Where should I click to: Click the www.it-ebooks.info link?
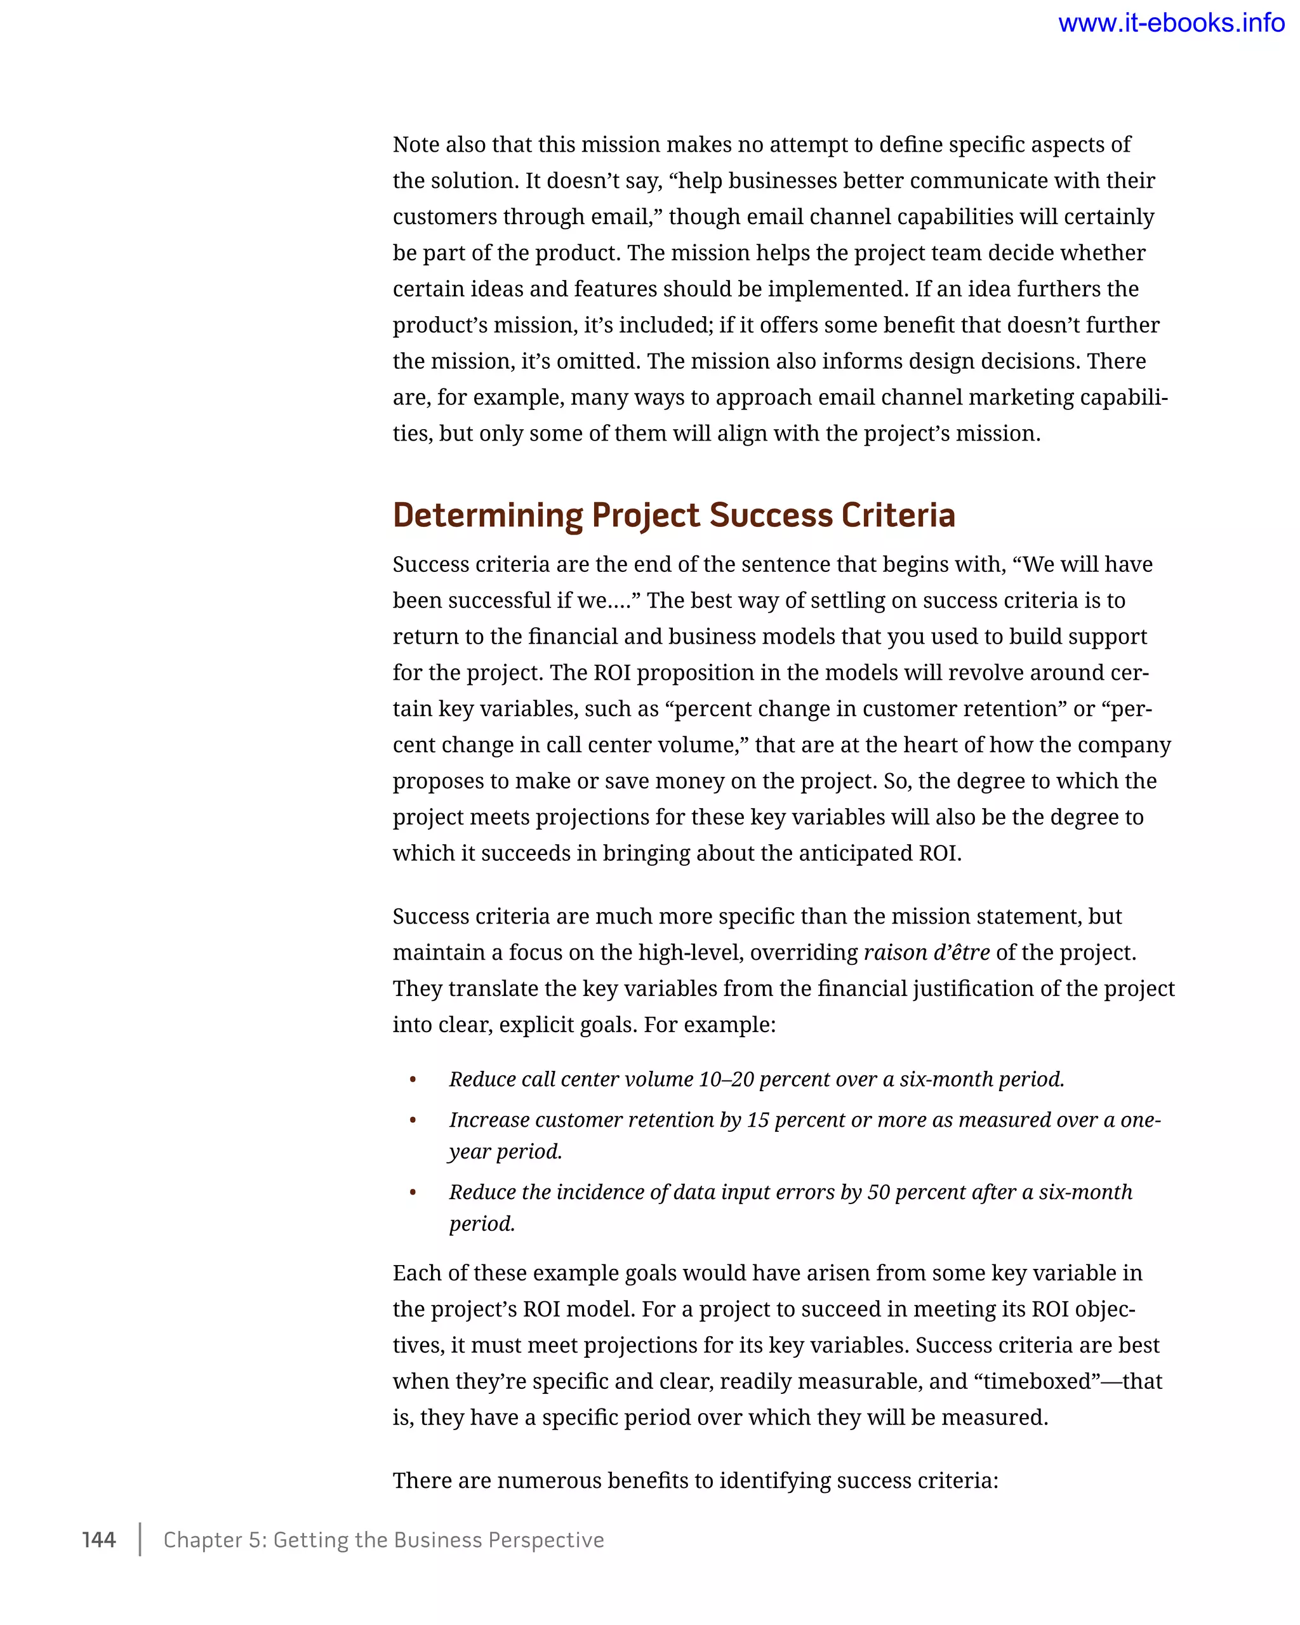tap(1171, 23)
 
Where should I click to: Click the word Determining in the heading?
tap(487, 515)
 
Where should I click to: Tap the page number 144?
tap(99, 1540)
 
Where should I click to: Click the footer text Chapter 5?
tap(215, 1540)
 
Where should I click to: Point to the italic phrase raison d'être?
tap(926, 953)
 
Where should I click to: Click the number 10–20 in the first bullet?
tap(726, 1079)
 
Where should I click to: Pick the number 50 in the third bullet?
tap(879, 1192)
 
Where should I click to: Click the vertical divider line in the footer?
tap(140, 1540)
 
